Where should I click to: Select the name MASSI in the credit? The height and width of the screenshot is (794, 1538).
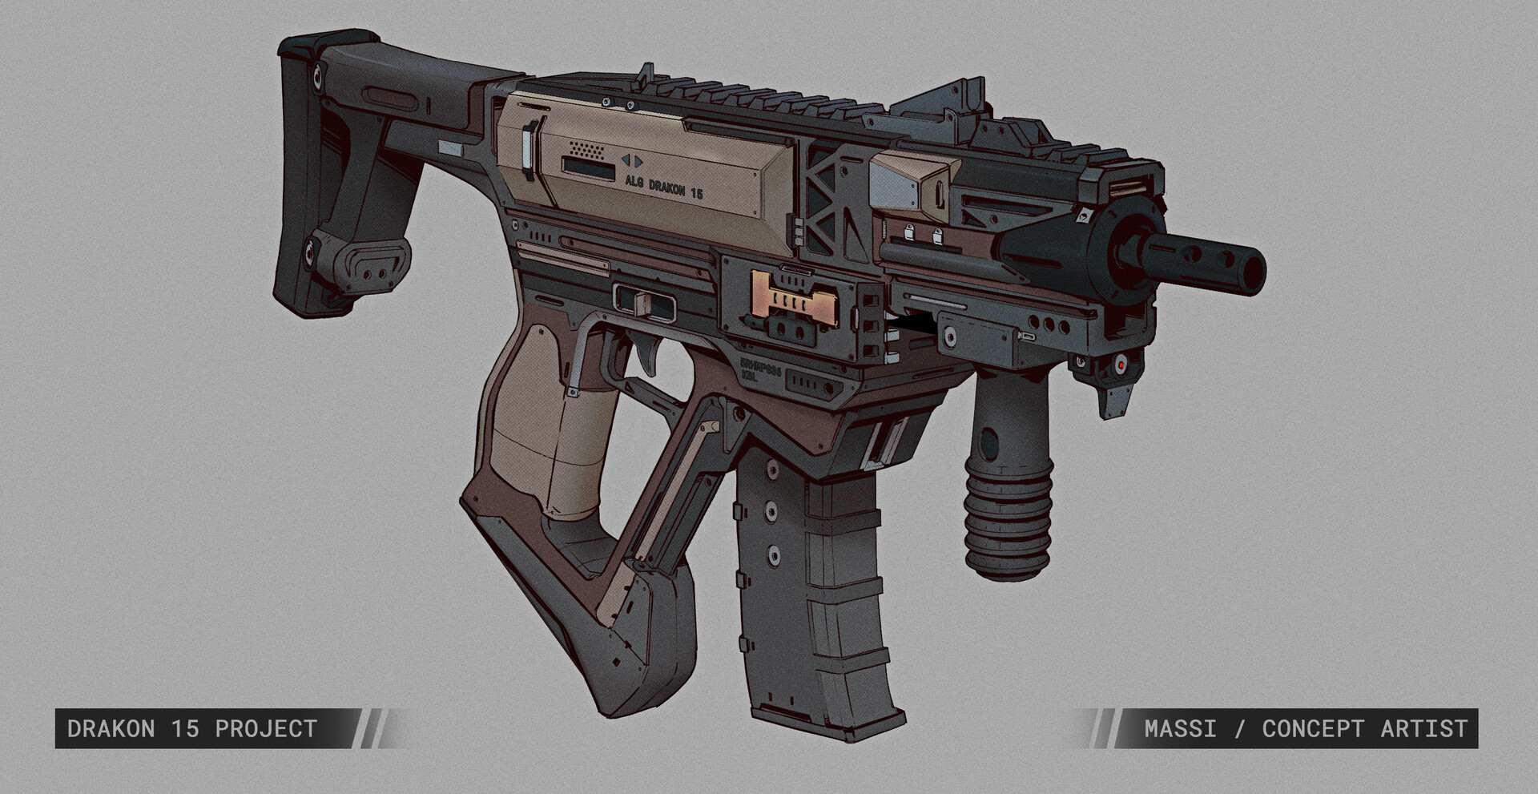1179,728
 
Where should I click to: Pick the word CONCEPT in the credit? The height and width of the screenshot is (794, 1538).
1312,728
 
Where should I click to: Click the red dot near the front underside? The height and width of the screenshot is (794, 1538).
1123,365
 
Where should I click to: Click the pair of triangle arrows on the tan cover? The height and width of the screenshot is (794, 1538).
632,160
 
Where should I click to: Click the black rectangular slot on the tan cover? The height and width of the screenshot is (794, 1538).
587,167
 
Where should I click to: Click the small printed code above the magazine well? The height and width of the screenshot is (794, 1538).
760,369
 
